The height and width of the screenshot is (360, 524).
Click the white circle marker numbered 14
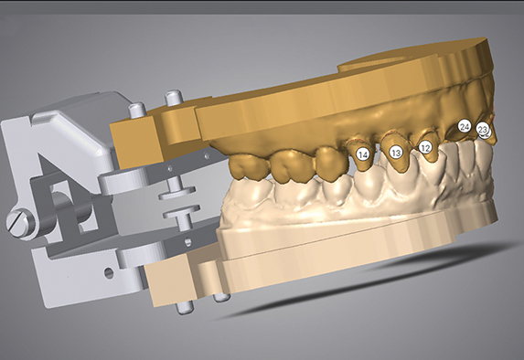click(363, 154)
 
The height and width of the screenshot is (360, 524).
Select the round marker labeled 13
click(396, 153)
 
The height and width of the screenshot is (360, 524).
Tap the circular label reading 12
click(425, 147)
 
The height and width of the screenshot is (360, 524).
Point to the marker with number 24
click(465, 127)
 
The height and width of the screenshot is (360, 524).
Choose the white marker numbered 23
click(482, 129)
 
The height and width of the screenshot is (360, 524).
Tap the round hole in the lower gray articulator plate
click(109, 273)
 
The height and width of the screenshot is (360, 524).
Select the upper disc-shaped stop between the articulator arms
click(176, 192)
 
